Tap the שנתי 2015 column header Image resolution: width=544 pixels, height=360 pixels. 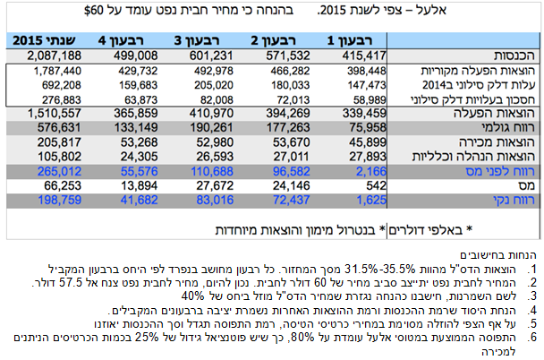[42, 41]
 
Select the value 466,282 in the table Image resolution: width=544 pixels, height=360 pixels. [284, 70]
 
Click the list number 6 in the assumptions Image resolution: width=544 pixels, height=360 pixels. [531, 338]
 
